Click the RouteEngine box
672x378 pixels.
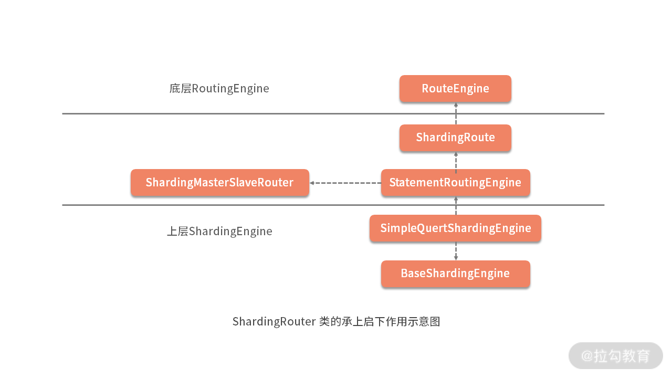[x=455, y=88]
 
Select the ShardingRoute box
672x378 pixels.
[x=455, y=138]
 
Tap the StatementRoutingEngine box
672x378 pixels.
[x=455, y=183]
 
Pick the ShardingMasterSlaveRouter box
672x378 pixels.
[x=219, y=183]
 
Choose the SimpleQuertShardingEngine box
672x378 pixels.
[x=455, y=228]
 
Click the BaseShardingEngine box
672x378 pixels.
[x=455, y=274]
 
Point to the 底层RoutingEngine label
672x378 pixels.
[x=219, y=88]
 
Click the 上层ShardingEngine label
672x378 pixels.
[x=219, y=231]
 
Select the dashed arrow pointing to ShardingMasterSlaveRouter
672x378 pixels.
[x=345, y=183]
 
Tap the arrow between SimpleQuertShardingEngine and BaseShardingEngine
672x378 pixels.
[x=456, y=251]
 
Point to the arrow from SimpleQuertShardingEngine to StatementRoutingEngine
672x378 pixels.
[x=456, y=206]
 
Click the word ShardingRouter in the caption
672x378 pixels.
[x=274, y=321]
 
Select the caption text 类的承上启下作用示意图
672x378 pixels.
[x=379, y=321]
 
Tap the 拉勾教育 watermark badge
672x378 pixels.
[x=615, y=355]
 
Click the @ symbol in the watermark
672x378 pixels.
[x=586, y=356]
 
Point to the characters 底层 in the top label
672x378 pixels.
[x=180, y=88]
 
